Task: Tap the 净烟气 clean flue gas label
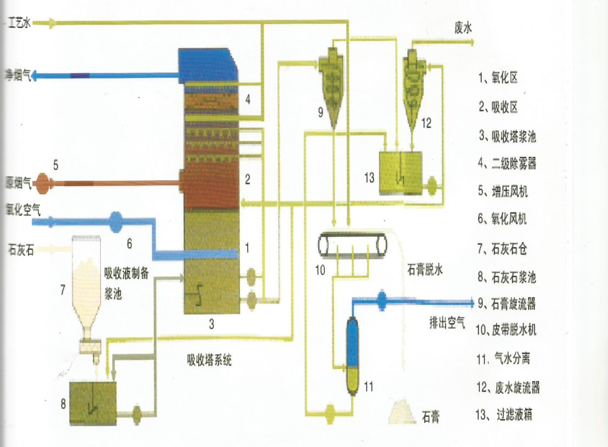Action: coord(17,75)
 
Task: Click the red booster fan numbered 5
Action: coord(42,184)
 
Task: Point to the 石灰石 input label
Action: coord(21,249)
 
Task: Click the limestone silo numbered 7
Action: coord(86,284)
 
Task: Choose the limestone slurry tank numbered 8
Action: coord(93,403)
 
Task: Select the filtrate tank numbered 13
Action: coord(400,173)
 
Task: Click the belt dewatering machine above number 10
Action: coord(352,245)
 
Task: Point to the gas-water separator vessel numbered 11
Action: coord(353,356)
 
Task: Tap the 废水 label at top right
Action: coord(463,28)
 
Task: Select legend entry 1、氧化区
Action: coord(498,78)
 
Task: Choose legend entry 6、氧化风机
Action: coord(502,218)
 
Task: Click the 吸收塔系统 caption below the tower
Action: coord(209,360)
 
